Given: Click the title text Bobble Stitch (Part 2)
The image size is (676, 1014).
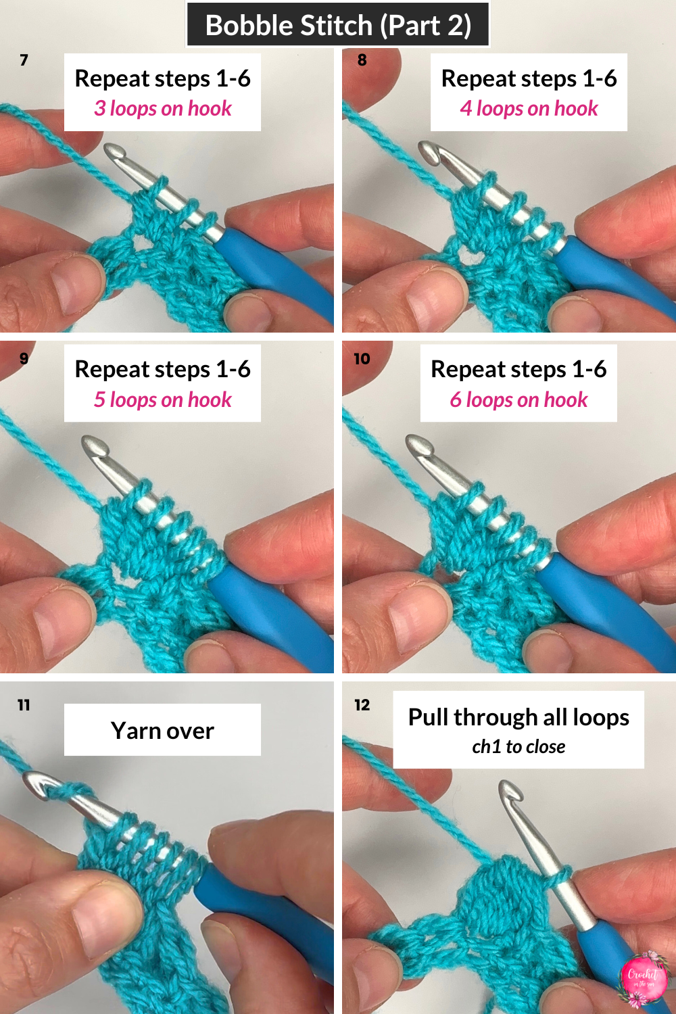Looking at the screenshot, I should (x=338, y=26).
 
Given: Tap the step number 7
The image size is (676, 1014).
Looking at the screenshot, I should (x=24, y=60).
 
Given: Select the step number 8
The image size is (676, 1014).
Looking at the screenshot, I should (x=362, y=60).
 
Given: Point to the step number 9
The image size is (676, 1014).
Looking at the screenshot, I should (x=24, y=358).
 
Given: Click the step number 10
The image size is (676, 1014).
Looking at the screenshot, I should (x=362, y=359).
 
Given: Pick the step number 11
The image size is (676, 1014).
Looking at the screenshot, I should (x=24, y=705).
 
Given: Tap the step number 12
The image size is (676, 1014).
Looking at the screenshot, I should (x=362, y=705).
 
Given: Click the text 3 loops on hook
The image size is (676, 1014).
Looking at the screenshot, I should (x=162, y=109).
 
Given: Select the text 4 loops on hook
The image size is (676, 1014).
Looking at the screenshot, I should (x=529, y=109).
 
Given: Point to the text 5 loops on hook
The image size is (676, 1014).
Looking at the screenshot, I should (x=162, y=400).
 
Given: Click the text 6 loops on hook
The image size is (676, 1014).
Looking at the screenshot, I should (x=518, y=400).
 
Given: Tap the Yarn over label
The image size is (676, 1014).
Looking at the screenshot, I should (x=162, y=731).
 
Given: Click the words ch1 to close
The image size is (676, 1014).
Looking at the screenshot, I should (x=518, y=747).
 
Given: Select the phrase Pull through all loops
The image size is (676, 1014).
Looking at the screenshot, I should (x=518, y=717).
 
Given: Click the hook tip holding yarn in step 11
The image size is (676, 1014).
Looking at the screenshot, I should (x=37, y=784).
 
